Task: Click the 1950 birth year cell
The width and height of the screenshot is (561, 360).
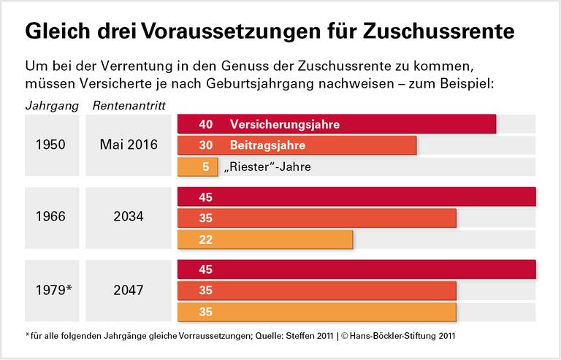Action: pos(51,145)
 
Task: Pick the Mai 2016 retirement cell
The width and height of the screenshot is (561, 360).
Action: pos(129,145)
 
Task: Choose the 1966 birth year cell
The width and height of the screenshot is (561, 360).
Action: pos(51,217)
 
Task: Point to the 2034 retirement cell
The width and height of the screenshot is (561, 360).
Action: pos(129,217)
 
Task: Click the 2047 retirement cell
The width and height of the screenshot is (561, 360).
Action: pos(129,290)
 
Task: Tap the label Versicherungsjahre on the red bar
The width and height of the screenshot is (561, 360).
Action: pos(284,124)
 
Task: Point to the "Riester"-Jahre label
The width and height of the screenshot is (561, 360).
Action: pos(269,166)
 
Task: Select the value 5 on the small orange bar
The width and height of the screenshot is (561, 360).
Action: pos(205,166)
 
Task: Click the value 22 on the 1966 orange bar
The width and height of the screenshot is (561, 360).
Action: pos(205,239)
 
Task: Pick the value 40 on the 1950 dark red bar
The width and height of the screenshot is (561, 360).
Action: pos(205,124)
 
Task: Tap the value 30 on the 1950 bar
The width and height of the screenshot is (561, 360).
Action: pos(205,145)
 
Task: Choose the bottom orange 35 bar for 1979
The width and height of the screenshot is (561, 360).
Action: pos(317,312)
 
